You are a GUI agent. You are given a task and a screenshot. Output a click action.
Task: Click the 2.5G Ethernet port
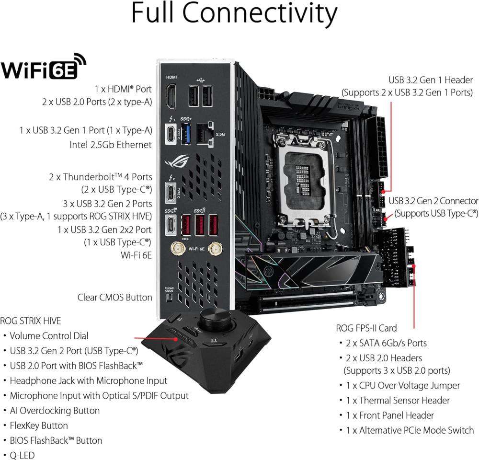[205, 133]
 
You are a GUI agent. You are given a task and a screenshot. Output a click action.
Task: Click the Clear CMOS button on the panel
[169, 298]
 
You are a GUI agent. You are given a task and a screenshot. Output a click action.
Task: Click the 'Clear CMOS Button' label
[115, 297]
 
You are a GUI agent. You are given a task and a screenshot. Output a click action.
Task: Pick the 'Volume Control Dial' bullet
[49, 336]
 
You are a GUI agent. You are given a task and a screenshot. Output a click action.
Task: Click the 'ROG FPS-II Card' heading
[366, 328]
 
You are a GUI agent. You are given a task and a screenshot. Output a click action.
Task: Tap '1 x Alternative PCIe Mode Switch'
[410, 430]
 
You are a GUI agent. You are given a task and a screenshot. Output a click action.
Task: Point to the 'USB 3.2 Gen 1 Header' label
[432, 80]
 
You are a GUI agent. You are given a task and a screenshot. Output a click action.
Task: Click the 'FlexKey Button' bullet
[39, 425]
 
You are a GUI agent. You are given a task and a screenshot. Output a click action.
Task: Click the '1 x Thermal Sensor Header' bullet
[398, 400]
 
